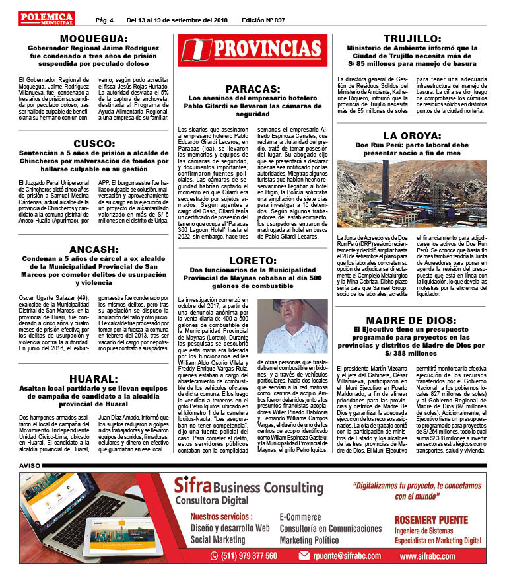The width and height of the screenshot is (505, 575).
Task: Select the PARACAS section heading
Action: pos(253,88)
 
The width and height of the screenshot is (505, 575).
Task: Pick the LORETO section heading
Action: pos(253,261)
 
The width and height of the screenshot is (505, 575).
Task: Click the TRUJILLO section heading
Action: pos(412,38)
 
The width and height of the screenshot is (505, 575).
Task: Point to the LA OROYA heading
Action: pos(412,136)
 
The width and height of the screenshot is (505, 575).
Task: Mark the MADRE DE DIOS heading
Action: pos(412,319)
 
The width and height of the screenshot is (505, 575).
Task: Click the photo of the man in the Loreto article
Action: pos(291,326)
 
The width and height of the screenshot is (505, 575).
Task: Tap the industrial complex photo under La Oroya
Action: pos(412,194)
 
